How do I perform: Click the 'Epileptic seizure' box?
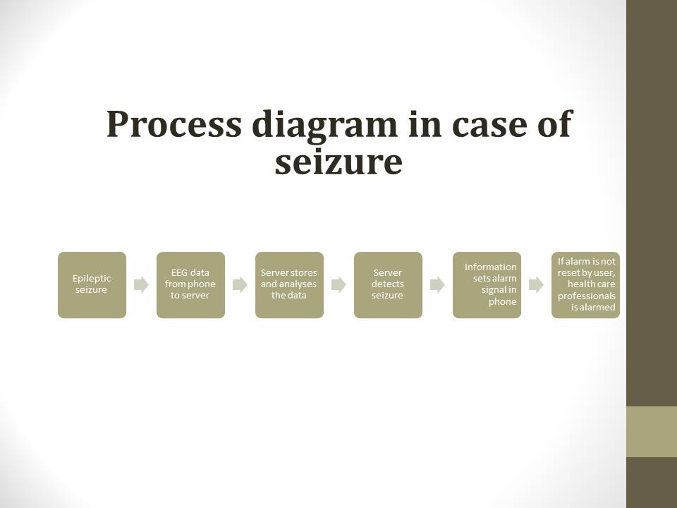click(x=92, y=285)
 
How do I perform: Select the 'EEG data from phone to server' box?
click(x=190, y=285)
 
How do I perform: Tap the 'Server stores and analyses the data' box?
click(x=289, y=285)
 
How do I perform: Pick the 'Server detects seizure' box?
click(x=388, y=285)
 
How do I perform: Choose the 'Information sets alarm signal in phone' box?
click(x=487, y=285)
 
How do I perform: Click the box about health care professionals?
click(x=585, y=285)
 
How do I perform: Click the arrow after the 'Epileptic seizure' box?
click(x=141, y=285)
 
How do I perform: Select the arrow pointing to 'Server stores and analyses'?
click(x=240, y=285)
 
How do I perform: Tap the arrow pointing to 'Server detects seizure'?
click(x=338, y=285)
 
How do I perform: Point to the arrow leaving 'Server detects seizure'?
click(x=437, y=285)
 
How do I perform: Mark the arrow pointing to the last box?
click(x=536, y=285)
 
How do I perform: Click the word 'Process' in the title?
click(x=173, y=124)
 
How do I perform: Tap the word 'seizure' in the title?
click(x=338, y=162)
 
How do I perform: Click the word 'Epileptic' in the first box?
click(x=92, y=279)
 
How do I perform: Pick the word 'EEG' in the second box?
click(x=180, y=273)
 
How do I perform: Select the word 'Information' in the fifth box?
click(x=490, y=267)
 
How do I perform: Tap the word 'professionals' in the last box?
click(x=587, y=296)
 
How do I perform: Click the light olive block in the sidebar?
click(x=651, y=431)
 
